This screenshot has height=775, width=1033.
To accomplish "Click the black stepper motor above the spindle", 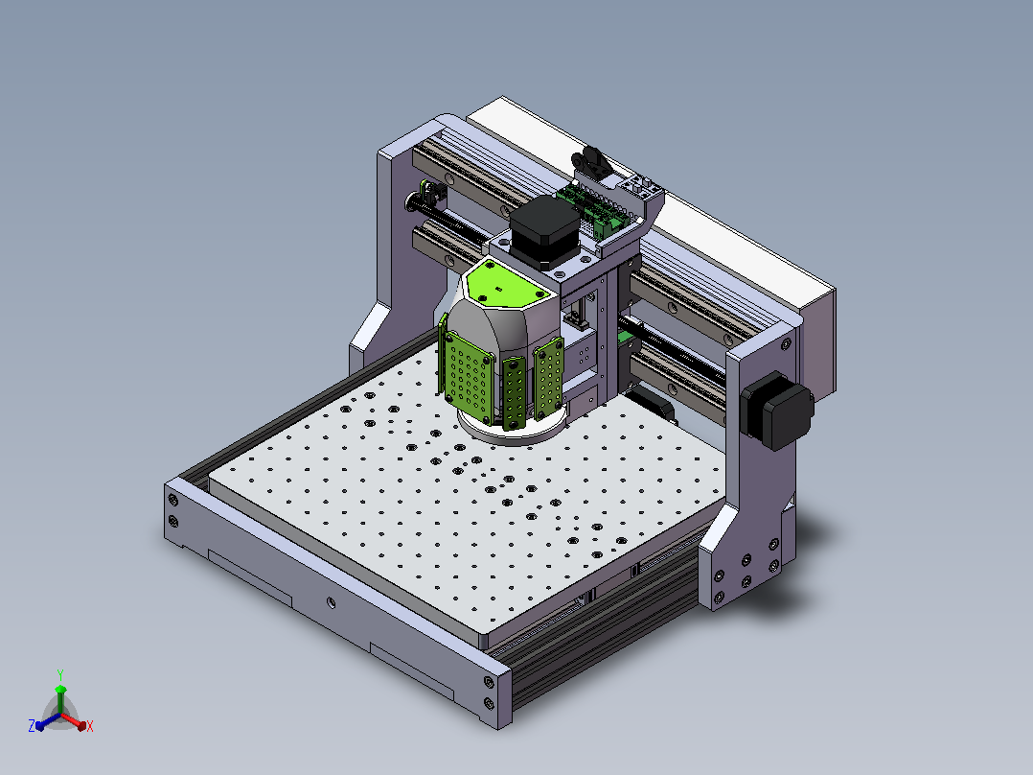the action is [545, 231].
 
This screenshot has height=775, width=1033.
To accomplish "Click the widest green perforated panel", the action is [470, 377].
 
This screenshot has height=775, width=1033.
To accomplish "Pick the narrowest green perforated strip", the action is [514, 393].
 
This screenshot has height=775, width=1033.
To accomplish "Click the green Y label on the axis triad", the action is [60, 675].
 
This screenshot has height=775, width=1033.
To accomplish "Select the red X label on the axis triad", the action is [90, 726].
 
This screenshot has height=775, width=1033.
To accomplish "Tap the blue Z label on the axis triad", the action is [32, 726].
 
